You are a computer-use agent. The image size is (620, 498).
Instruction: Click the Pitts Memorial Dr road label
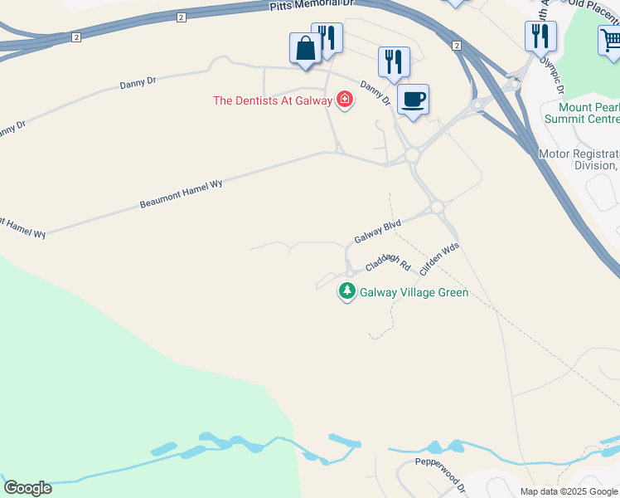coord(312,6)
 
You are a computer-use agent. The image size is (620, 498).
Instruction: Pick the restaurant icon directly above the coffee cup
coord(394,62)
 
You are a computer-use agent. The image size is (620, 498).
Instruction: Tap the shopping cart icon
coord(611,40)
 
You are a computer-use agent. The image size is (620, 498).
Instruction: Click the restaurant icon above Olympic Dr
coord(540,36)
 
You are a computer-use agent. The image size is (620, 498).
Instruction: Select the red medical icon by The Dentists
coord(344,100)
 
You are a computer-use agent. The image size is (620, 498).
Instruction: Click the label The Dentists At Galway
coord(272,100)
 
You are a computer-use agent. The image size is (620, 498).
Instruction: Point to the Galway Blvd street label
coord(378,232)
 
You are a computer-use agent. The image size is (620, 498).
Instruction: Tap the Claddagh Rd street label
coord(388,262)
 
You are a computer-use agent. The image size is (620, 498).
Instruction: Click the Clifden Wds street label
coord(439,259)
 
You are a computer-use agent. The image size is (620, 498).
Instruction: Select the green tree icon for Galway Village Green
coord(347,291)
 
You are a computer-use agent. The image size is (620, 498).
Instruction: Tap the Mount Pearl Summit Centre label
coord(579,113)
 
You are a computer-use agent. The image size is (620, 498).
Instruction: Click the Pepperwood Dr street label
coord(441,472)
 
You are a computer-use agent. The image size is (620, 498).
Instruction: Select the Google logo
coord(27,488)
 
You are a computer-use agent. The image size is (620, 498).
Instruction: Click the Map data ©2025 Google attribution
coord(569,491)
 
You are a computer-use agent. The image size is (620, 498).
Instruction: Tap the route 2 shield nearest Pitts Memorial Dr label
coord(182,17)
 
